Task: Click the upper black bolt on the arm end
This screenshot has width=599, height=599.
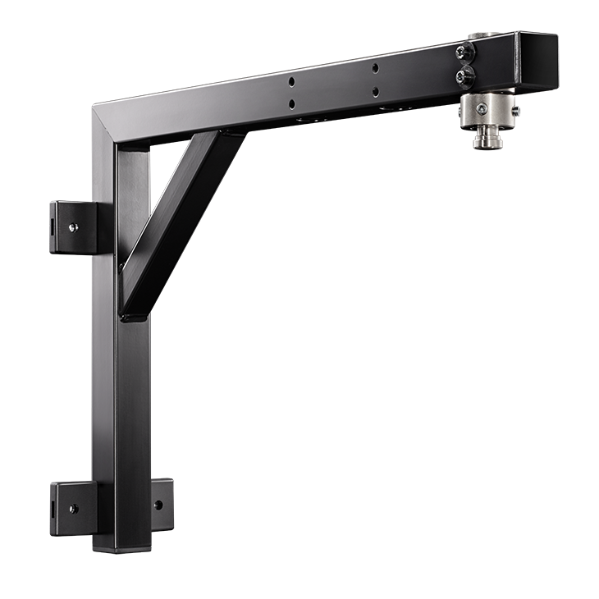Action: [x=465, y=53]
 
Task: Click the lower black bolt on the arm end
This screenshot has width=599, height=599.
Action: [x=465, y=77]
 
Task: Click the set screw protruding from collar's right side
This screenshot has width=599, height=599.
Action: [x=515, y=107]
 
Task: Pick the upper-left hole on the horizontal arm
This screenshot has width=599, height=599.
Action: [x=290, y=82]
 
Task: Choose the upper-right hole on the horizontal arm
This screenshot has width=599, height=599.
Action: [x=375, y=68]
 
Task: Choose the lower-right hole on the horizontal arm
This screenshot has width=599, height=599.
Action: [x=375, y=92]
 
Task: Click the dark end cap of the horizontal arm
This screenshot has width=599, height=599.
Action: [x=537, y=61]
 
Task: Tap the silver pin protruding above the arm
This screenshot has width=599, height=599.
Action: [x=478, y=37]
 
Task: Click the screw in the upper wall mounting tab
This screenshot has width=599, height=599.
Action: [x=73, y=227]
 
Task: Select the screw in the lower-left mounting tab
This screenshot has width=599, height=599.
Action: [x=72, y=509]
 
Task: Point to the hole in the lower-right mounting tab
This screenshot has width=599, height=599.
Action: [x=158, y=505]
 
